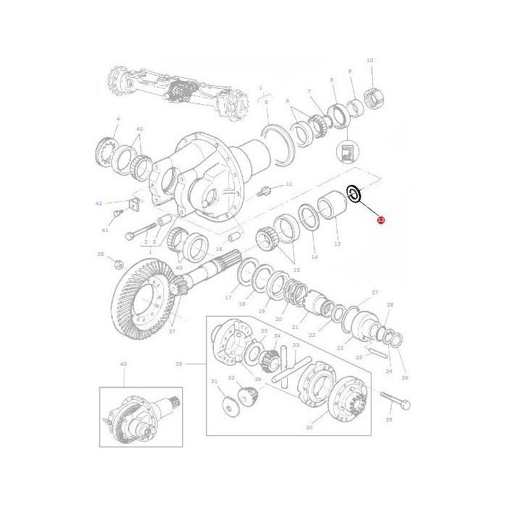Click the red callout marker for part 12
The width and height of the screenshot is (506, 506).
pos(381,220)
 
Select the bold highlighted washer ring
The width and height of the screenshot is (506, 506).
pos(354,194)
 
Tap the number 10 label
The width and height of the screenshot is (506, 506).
pos(369,61)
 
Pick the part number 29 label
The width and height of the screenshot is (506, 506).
pos(179,364)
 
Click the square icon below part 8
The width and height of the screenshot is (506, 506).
pos(346,152)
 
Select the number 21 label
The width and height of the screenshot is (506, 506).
pos(295,327)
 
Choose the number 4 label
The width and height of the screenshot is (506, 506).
pos(119,118)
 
